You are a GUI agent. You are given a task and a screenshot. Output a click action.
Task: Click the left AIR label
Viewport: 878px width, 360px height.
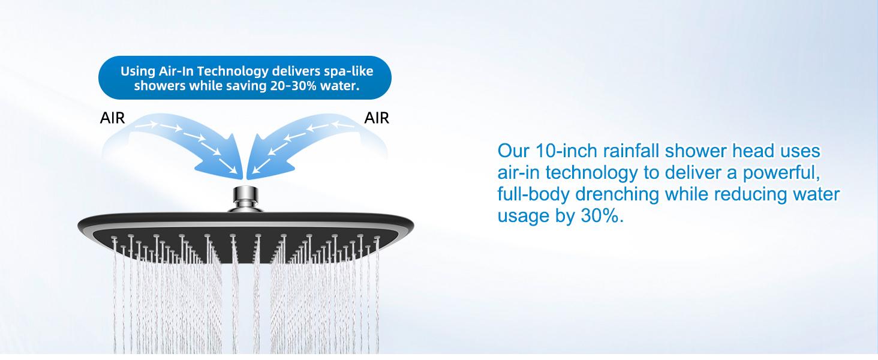(113, 118)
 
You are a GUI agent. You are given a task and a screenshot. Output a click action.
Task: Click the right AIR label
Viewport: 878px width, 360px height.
(377, 118)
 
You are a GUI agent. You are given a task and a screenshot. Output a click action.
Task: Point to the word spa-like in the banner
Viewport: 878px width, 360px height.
(350, 71)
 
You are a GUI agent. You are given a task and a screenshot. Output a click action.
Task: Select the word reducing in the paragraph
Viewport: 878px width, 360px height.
(742, 194)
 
